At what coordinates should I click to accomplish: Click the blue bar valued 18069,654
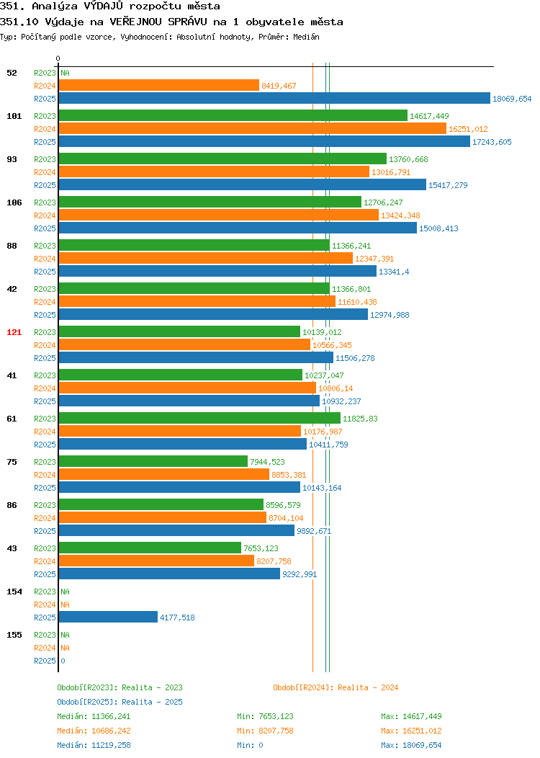[x=274, y=98]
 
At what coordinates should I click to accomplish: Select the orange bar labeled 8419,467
[x=159, y=86]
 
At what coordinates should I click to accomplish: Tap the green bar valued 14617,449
[x=233, y=115]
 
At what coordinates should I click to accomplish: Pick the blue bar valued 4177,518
[x=108, y=617]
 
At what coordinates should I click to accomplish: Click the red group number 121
[x=14, y=332]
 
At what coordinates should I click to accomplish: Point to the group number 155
[x=14, y=635]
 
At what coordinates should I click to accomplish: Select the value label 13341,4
[x=394, y=272]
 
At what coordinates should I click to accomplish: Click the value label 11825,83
[x=360, y=419]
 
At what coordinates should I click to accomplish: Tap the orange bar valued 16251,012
[x=253, y=128]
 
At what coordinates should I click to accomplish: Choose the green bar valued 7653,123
[x=150, y=548]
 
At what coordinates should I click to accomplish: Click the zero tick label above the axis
[x=58, y=59]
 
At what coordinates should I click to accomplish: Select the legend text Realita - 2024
[x=368, y=687]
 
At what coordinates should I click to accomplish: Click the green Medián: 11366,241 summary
[x=94, y=716]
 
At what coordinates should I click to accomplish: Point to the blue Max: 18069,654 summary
[x=411, y=746]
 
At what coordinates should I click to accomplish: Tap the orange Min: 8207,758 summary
[x=265, y=731]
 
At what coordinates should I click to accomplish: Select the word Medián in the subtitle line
[x=306, y=37]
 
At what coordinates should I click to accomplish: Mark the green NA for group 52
[x=66, y=73]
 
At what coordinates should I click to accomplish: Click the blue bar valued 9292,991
[x=169, y=574]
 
